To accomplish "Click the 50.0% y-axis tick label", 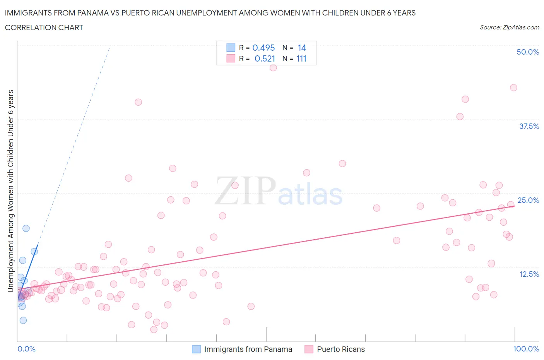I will (528, 52).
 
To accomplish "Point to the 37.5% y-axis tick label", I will (529, 126).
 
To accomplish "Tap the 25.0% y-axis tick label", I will (528, 200).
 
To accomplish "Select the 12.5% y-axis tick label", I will (529, 274).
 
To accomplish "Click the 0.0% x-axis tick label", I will (26, 349).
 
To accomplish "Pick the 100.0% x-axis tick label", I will (526, 349).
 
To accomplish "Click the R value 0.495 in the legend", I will (263, 48).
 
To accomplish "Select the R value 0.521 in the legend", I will (265, 58).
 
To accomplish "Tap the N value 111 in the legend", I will (301, 58).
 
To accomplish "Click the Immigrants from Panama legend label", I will (248, 349).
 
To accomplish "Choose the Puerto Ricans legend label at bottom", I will (341, 349).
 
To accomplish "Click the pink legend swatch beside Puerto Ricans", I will (309, 349).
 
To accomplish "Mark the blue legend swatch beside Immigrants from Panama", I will (197, 349).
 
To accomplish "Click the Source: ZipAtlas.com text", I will (509, 27).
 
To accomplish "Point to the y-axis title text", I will (11, 191).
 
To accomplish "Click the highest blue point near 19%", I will (26, 228).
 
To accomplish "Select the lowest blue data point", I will (23, 320).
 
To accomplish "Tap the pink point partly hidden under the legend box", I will (273, 68).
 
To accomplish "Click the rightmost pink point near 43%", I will (513, 87).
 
